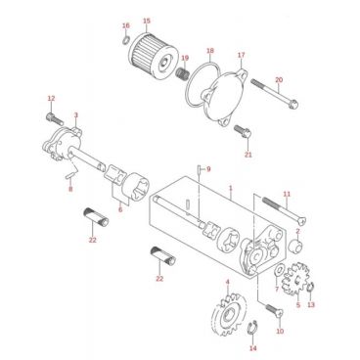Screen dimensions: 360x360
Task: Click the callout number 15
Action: [147, 22]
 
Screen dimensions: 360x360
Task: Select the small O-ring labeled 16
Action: [126, 40]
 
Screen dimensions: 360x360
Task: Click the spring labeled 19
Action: [182, 73]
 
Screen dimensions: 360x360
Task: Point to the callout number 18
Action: [210, 51]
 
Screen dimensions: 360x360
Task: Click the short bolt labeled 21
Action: [243, 132]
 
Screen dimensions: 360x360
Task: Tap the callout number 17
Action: [241, 55]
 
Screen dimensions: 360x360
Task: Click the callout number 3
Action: [76, 115]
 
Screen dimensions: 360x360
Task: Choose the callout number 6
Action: [120, 209]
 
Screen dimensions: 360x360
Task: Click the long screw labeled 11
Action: [285, 210]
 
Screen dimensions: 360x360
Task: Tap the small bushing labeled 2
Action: [296, 246]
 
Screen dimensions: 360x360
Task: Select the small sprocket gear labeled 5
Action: [295, 279]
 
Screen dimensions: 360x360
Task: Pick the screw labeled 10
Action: [275, 311]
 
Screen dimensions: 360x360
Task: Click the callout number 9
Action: [208, 169]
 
